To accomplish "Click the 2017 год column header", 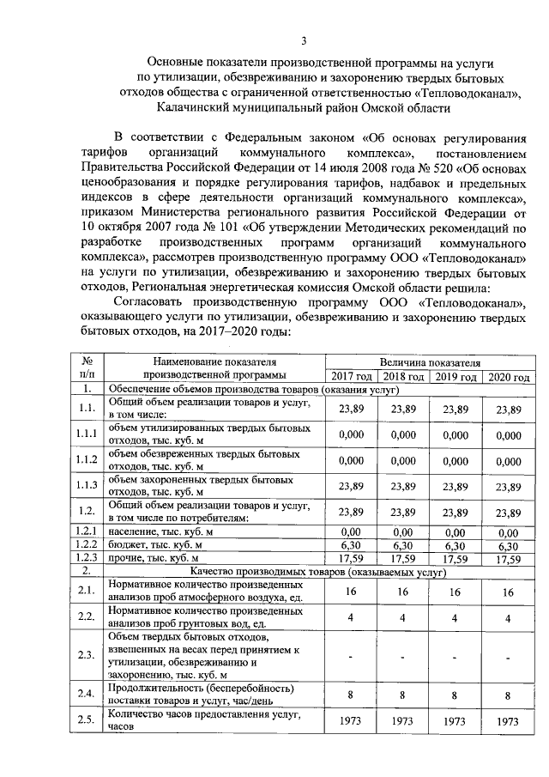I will [352, 377].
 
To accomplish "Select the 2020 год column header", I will [508, 377].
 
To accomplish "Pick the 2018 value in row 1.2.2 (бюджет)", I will [403, 544].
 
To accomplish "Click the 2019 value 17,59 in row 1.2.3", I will [455, 557].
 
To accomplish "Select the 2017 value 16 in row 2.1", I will [352, 592].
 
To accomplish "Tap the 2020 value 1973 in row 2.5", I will [508, 721].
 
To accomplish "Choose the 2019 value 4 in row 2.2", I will [455, 618].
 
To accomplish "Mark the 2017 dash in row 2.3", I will [352, 657].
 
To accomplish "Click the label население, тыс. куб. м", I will [160, 532].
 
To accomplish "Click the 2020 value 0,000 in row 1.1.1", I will [508, 435].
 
